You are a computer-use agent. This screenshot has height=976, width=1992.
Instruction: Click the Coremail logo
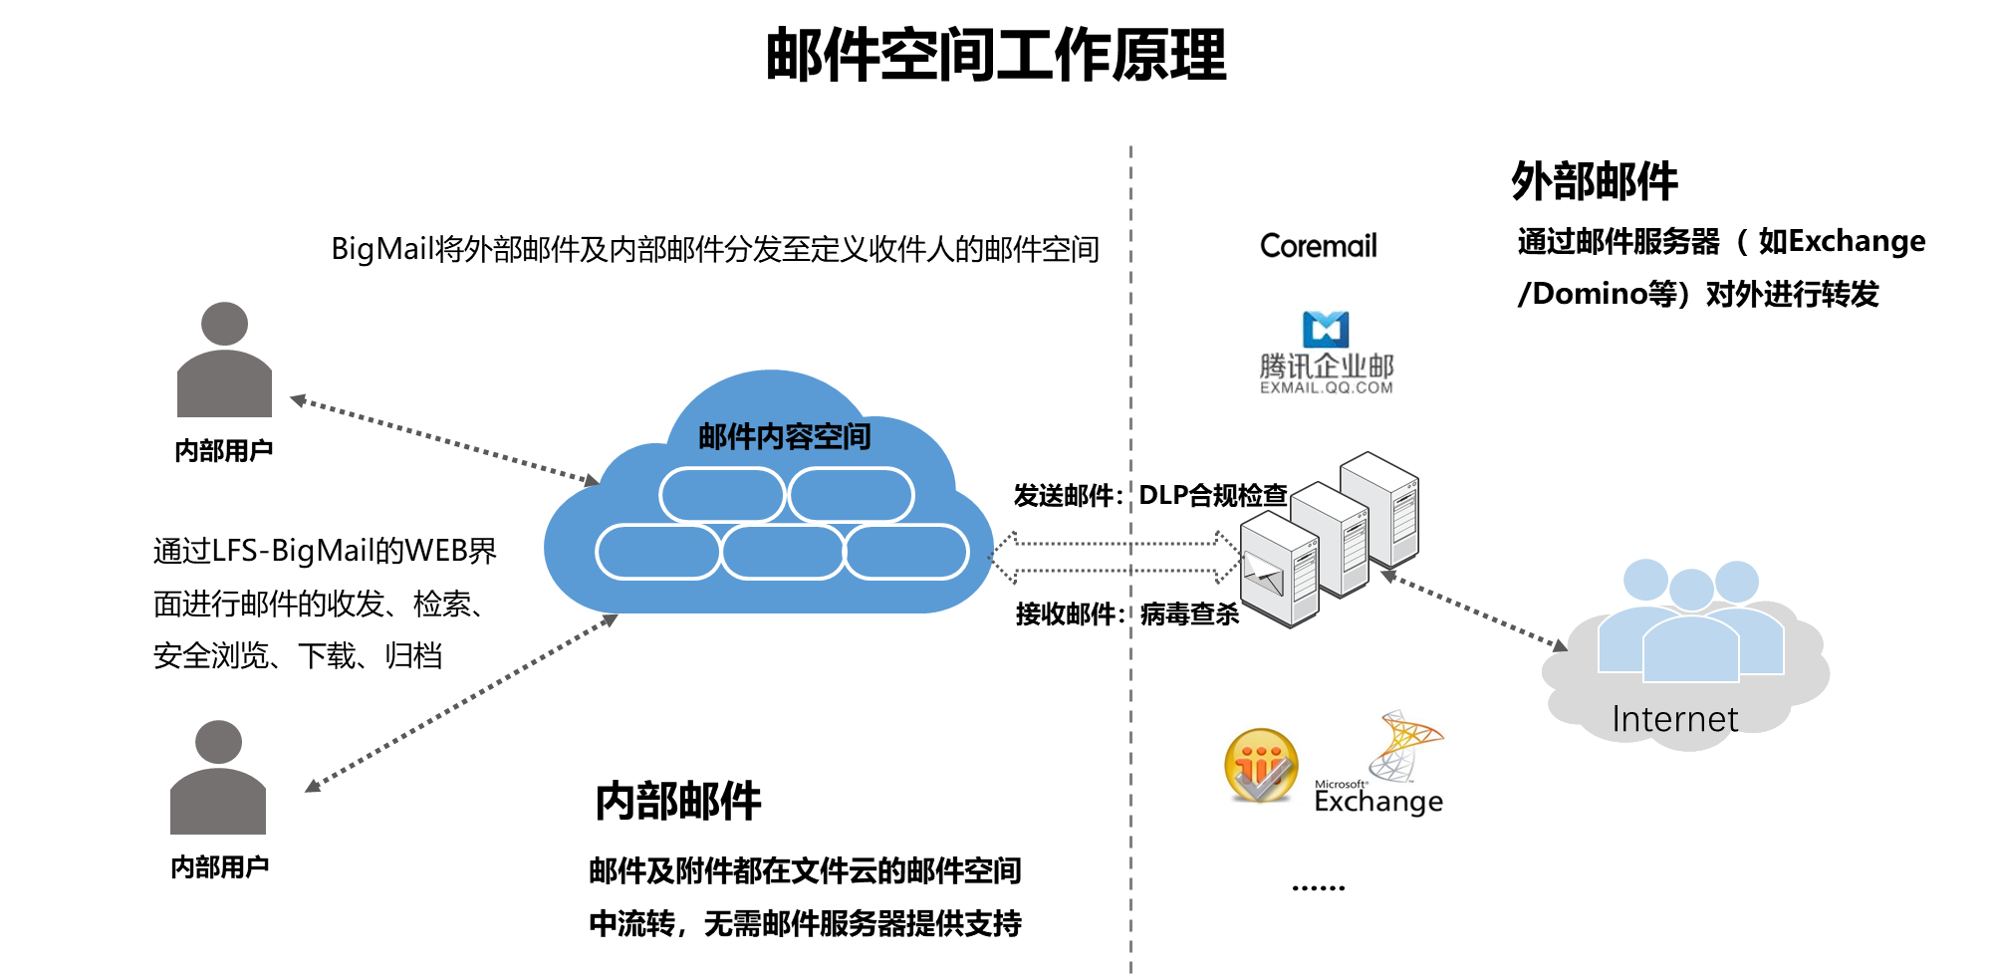pyautogui.click(x=1323, y=245)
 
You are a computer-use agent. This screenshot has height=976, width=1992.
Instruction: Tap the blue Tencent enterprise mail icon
pyautogui.click(x=1326, y=329)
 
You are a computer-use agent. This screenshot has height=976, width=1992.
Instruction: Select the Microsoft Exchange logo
pyautogui.click(x=1380, y=762)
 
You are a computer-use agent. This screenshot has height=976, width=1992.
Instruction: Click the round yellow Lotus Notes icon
pyautogui.click(x=1261, y=764)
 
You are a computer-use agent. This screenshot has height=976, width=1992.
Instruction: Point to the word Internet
pyautogui.click(x=1674, y=719)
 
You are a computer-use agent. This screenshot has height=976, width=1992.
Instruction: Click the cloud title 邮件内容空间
pyautogui.click(x=784, y=436)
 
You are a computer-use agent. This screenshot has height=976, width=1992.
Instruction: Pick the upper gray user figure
pyautogui.click(x=224, y=361)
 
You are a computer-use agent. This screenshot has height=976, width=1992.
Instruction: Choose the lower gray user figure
pyautogui.click(x=218, y=778)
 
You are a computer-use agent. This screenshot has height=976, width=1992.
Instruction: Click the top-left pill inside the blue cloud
pyautogui.click(x=722, y=495)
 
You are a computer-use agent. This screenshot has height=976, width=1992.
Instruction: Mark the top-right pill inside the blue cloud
pyautogui.click(x=852, y=495)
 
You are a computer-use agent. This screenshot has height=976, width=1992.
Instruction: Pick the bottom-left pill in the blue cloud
pyautogui.click(x=657, y=552)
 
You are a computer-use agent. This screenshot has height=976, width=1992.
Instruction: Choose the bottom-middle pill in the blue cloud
pyautogui.click(x=783, y=552)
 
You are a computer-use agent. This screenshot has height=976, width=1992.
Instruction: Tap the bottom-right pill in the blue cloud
pyautogui.click(x=906, y=552)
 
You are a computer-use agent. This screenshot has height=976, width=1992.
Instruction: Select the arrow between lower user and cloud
pyautogui.click(x=460, y=703)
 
